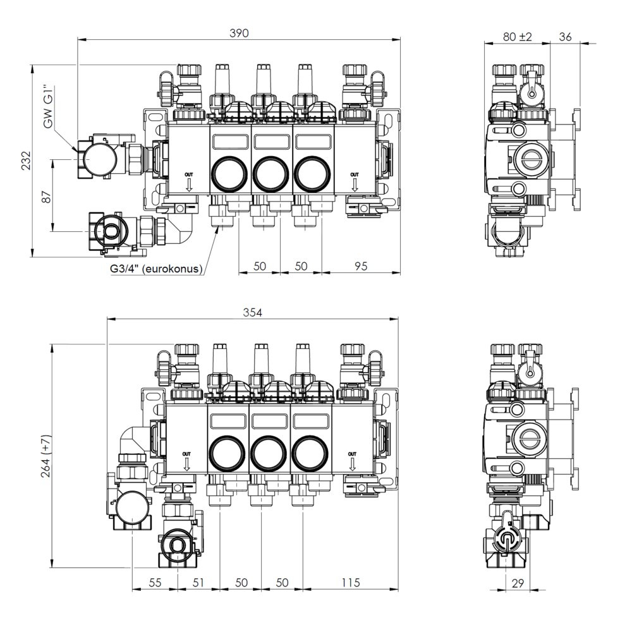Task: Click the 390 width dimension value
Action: coord(239,33)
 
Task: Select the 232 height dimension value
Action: coord(26,161)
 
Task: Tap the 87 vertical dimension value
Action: coord(47,197)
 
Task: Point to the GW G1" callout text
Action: coord(49,107)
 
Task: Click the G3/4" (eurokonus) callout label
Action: coord(156,269)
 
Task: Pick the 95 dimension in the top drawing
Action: coord(361,266)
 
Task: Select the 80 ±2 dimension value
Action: coord(518,37)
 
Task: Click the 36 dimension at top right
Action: coord(565,37)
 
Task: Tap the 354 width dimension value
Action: coord(252,312)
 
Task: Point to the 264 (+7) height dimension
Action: coord(46,456)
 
